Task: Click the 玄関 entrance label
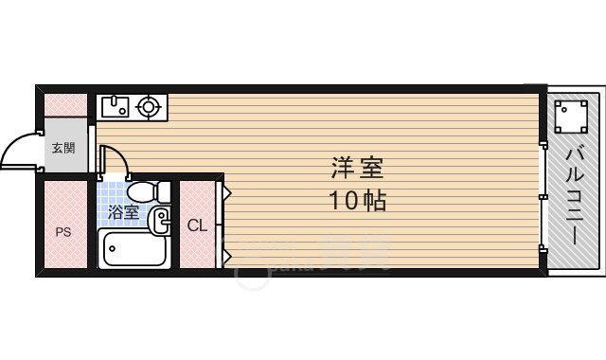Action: [x=64, y=148]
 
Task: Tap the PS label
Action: [x=63, y=230]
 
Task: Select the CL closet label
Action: [x=197, y=225]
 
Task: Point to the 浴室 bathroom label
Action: [x=123, y=212]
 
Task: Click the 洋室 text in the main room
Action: [x=357, y=168]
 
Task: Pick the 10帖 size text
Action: [x=357, y=202]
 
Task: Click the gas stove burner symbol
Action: [x=149, y=107]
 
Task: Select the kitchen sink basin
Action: [x=114, y=106]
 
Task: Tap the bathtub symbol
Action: [x=133, y=250]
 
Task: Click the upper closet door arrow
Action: [x=226, y=192]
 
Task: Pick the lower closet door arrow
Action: [x=226, y=253]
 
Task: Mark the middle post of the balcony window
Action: [x=544, y=196]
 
